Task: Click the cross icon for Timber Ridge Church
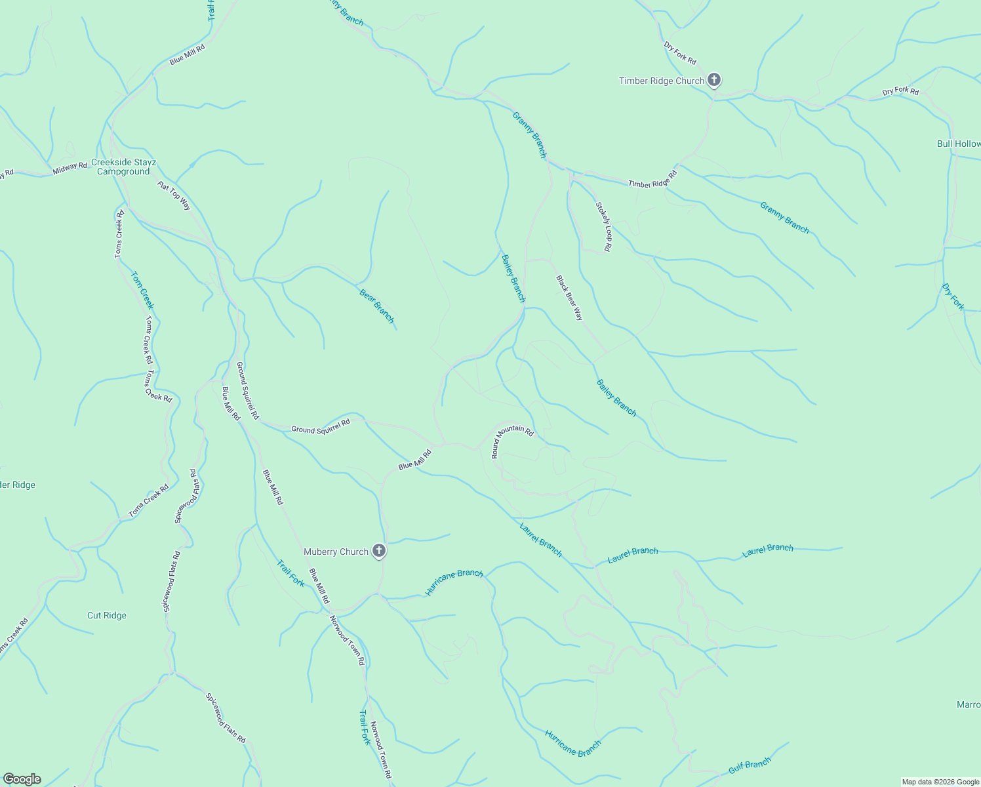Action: click(714, 81)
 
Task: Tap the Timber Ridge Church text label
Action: click(661, 81)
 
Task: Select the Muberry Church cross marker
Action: click(379, 552)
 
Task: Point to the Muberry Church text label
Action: click(336, 552)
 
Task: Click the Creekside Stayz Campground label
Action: click(123, 167)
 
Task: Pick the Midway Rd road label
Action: click(70, 169)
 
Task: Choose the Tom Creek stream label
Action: click(142, 291)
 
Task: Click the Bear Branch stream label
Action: click(377, 306)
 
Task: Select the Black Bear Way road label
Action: click(569, 298)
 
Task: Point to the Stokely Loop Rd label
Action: click(603, 227)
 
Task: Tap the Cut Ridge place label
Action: click(107, 616)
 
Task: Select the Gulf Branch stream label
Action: click(750, 765)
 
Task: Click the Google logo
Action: click(22, 778)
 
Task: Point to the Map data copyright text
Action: click(940, 782)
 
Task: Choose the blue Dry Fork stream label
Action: click(953, 297)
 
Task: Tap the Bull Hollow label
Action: click(958, 144)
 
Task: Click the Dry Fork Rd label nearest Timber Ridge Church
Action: click(680, 53)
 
